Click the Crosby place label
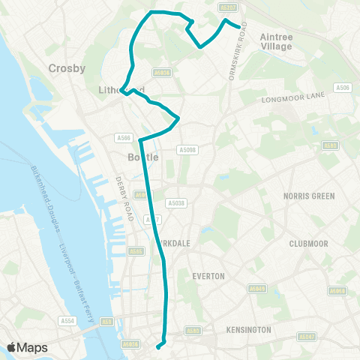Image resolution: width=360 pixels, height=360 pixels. (x=67, y=68)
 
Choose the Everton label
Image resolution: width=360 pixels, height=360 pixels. (x=208, y=276)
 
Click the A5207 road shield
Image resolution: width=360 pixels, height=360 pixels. (x=229, y=7)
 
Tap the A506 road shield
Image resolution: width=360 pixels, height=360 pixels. (x=343, y=88)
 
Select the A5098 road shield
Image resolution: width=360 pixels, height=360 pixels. (x=187, y=150)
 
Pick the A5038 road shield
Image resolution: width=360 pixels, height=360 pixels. (x=176, y=203)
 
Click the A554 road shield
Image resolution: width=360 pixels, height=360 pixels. (x=67, y=320)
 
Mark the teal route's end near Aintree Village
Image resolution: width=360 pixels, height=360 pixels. (x=239, y=26)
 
